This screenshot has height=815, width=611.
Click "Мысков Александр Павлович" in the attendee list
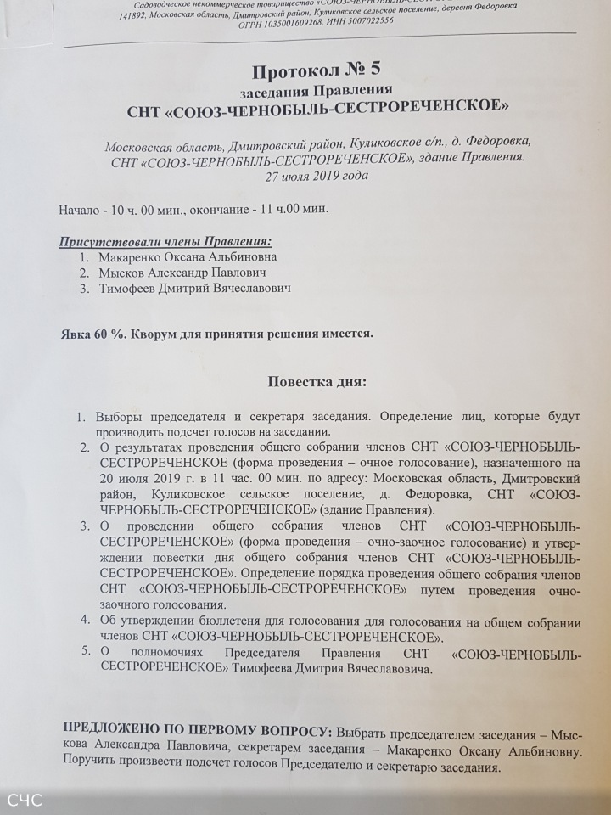[x=182, y=273]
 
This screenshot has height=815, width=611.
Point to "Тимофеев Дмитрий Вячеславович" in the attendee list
[x=194, y=289]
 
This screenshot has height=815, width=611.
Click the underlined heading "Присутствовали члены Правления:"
[x=165, y=240]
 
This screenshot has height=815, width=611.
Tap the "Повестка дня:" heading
[x=317, y=381]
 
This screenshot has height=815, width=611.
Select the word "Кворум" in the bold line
[x=155, y=334]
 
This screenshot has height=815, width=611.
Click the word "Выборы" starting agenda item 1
[x=121, y=418]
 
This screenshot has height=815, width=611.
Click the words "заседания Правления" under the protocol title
[x=315, y=89]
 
